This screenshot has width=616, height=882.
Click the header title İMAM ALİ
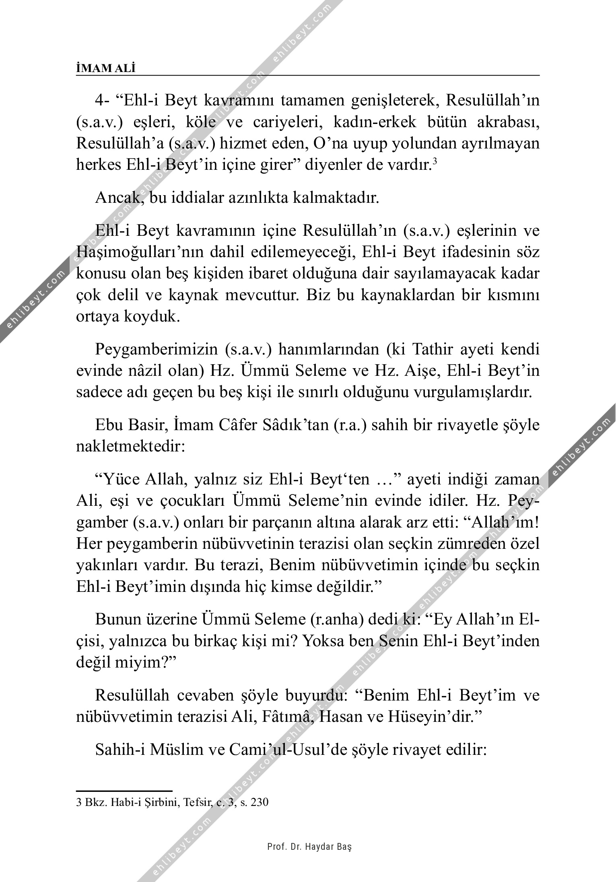click(106, 68)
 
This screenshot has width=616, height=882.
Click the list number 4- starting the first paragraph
click(103, 101)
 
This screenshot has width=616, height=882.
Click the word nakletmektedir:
click(130, 447)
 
